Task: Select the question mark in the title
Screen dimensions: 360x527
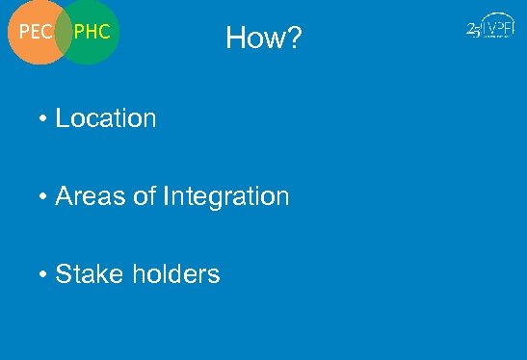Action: (293, 39)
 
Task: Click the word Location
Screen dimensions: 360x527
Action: (106, 118)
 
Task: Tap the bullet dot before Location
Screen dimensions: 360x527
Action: (44, 119)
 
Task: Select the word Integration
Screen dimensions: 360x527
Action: (226, 196)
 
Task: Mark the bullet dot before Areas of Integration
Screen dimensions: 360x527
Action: (44, 197)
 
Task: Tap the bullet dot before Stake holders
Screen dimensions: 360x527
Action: (44, 275)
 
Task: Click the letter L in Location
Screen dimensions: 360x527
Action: (63, 118)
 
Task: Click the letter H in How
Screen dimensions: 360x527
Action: (236, 39)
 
